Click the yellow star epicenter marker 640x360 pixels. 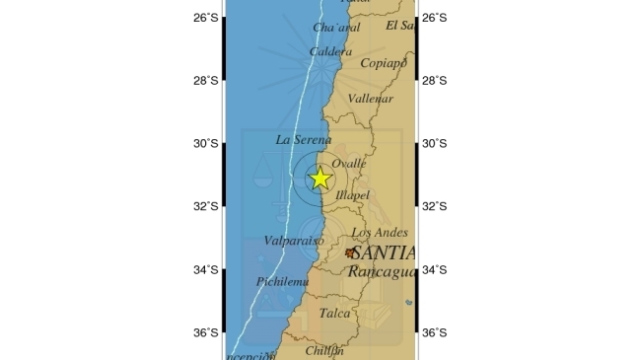point(320,179)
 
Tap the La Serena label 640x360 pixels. point(304,140)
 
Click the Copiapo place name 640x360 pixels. point(384,63)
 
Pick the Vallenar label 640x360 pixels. point(372,99)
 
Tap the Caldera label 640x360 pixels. point(330,51)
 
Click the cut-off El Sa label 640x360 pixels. point(400,26)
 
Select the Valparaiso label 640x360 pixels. point(295,241)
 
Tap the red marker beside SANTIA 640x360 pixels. point(350,253)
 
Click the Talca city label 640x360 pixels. point(335,314)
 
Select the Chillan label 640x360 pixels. point(324,350)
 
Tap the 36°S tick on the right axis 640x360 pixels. point(434,332)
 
